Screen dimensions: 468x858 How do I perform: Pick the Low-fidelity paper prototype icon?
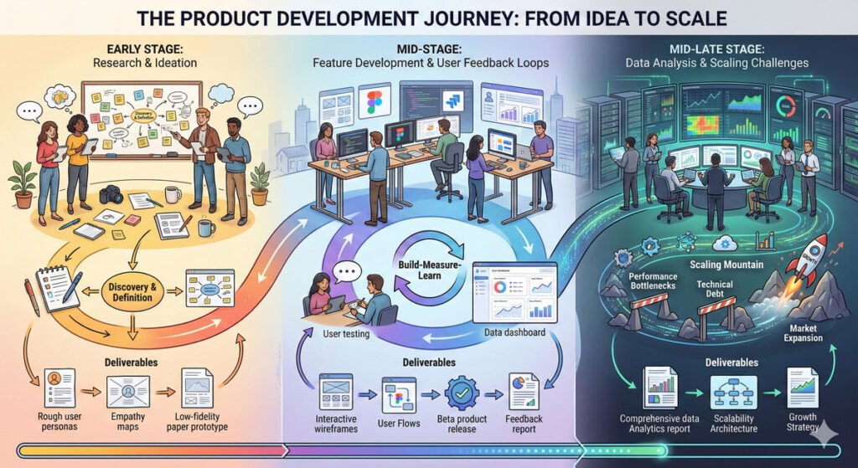197,387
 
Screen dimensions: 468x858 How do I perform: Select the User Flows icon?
399,393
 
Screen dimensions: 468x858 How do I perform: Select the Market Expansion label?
801,332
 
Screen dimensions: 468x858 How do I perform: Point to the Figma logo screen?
375,103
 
